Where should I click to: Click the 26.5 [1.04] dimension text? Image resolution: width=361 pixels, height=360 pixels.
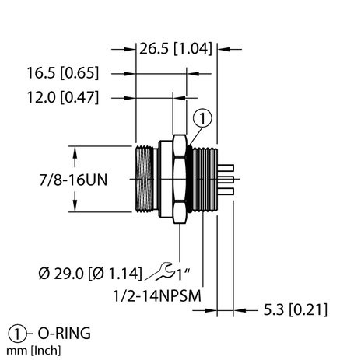[177, 50]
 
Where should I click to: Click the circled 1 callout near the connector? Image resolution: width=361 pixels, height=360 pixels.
[202, 119]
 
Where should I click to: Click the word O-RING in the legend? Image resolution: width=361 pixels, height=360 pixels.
[61, 334]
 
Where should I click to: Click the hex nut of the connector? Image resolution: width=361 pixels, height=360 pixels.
[179, 178]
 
